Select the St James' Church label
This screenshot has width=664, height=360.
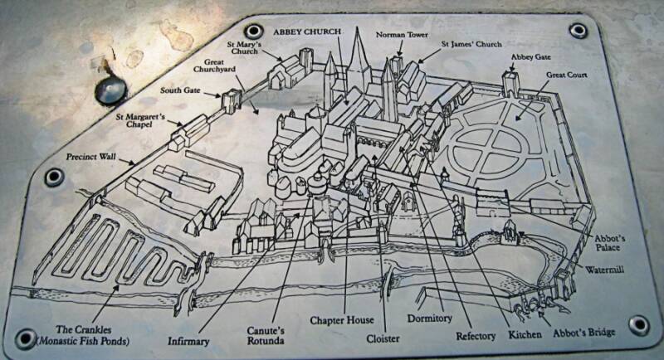pyautogui.click(x=470, y=42)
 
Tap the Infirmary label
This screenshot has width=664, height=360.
pyautogui.click(x=187, y=340)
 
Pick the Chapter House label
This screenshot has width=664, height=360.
pyautogui.click(x=342, y=319)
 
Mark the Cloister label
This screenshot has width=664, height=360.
pyautogui.click(x=383, y=339)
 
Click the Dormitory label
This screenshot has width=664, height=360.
pyautogui.click(x=428, y=318)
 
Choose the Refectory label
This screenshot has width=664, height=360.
pyautogui.click(x=476, y=336)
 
